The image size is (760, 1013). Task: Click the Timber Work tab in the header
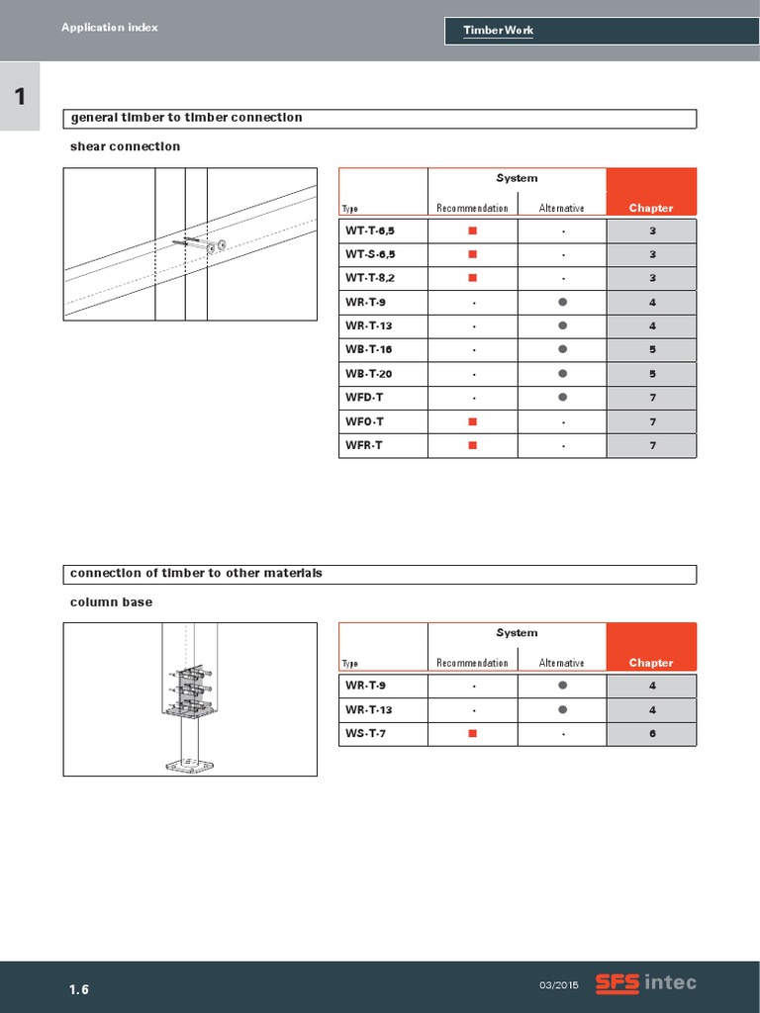499,31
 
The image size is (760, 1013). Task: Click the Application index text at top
109,28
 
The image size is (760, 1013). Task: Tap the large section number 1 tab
20,96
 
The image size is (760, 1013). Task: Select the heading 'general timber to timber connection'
186,118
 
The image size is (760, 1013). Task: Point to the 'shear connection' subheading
125,146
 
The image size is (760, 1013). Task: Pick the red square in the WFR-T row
472,445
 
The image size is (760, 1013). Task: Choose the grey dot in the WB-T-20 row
562,374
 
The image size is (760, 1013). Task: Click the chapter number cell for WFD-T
652,398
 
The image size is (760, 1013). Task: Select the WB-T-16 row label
369,350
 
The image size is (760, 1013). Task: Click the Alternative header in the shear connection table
561,208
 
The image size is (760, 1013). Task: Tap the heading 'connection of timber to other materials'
196,574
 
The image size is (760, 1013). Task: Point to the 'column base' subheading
111,601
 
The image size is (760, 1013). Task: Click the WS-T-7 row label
366,733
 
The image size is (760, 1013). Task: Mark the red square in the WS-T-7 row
472,733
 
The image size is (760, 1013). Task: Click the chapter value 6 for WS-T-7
652,733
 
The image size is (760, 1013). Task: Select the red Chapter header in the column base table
651,663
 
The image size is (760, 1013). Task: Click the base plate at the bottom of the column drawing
190,765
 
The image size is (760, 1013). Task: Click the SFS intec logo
645,982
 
